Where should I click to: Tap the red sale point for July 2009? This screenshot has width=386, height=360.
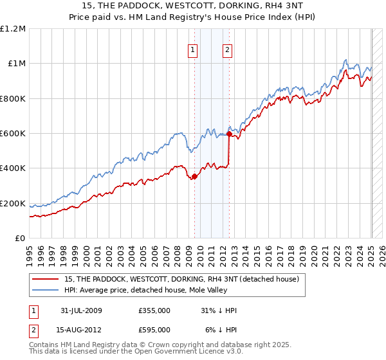pyautogui.click(x=194, y=177)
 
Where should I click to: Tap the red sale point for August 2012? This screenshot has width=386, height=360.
pyautogui.click(x=229, y=134)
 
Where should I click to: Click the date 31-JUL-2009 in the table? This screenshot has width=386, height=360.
pyautogui.click(x=82, y=310)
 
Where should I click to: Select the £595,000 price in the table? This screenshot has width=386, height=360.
pyautogui.click(x=154, y=329)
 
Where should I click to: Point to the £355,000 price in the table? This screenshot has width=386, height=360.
pyautogui.click(x=154, y=310)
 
